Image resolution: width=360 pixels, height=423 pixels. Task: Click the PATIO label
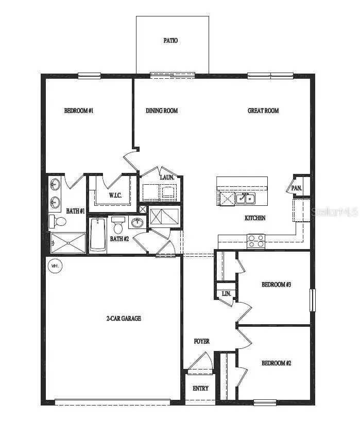coord(170,41)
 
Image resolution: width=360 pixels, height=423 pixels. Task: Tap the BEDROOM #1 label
coord(79,111)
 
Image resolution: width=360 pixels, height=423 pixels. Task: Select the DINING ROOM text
coord(162,111)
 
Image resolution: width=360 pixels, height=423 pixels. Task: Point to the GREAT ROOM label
coord(263,111)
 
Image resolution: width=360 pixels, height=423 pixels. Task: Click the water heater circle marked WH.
coord(55,266)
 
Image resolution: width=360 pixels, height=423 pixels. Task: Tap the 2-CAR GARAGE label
coord(124,319)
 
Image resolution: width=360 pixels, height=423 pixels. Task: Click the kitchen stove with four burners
coord(256,241)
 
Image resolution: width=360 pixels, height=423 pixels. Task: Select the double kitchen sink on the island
coord(245,199)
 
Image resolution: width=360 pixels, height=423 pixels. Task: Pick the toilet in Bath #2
coord(118,225)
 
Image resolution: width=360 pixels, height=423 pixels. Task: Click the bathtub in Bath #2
coord(97,235)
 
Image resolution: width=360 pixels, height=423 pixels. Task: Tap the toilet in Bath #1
coord(58,222)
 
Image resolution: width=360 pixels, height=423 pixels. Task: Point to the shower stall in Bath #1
coord(68,243)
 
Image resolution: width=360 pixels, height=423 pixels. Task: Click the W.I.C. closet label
coord(115,195)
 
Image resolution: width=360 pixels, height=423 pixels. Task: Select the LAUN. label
coord(167,178)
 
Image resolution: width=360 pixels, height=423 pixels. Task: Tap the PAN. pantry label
coord(297,188)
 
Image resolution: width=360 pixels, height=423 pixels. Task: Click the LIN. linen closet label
coord(226,294)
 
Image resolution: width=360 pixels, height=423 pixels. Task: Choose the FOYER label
coord(202,342)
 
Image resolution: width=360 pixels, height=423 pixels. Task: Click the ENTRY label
coord(200,389)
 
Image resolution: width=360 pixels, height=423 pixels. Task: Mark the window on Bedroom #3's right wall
coord(313,300)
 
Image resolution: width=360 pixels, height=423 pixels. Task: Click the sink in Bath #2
coord(138,222)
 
